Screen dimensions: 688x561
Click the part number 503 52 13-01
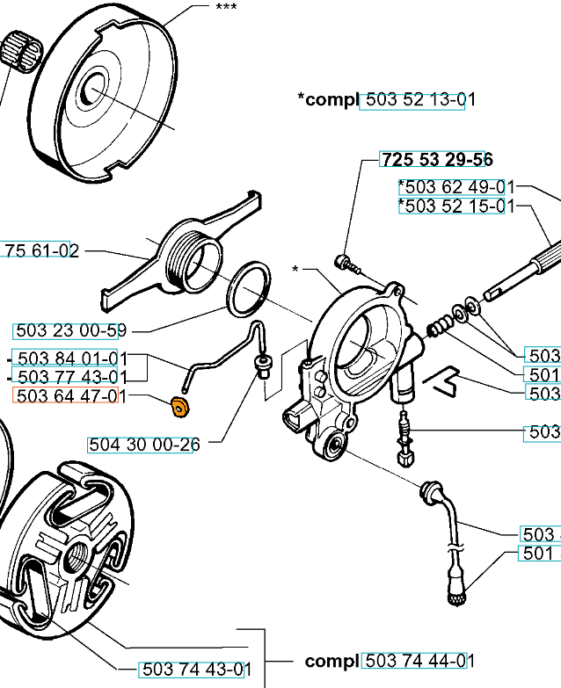pos(417,99)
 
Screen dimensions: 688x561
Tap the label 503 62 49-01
pos(455,186)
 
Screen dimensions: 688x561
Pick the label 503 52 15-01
pos(455,206)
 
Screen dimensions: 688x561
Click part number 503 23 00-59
pos(69,331)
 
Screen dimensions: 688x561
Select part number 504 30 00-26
pos(143,445)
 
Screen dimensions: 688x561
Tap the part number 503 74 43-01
pos(196,670)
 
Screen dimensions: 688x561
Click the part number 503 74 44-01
pos(419,661)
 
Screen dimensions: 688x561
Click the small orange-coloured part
pos(178,406)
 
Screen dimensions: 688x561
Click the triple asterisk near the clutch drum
pos(225,6)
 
